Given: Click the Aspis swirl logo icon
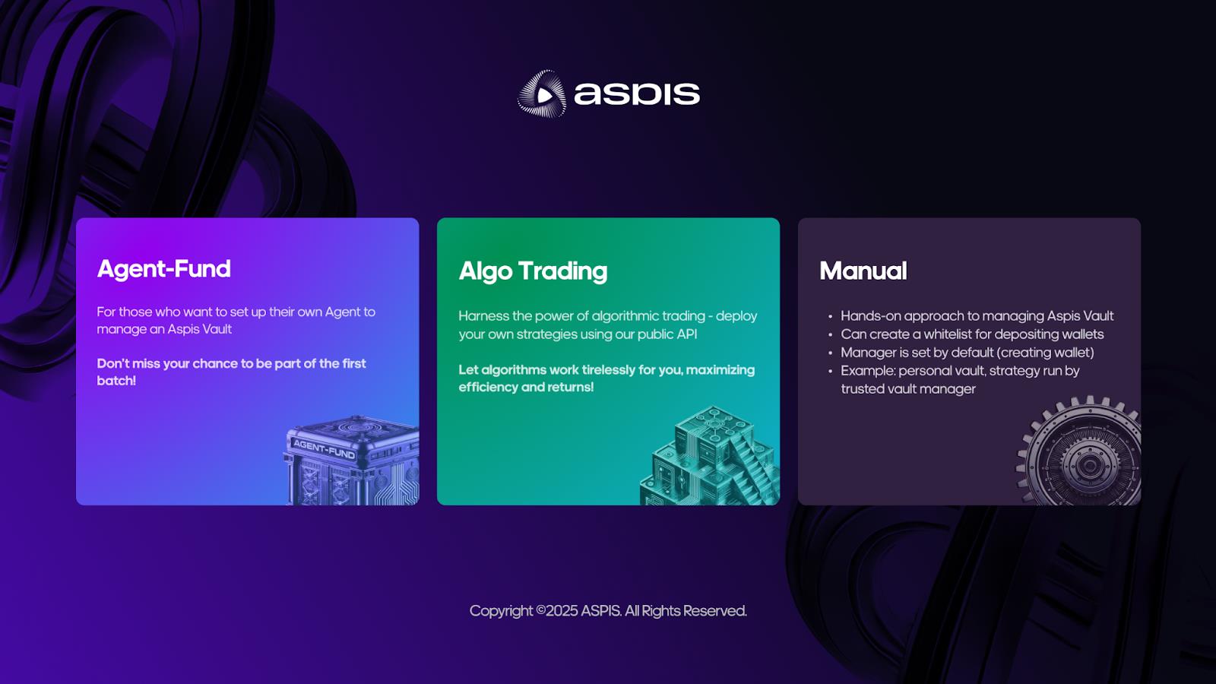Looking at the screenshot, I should point(542,94).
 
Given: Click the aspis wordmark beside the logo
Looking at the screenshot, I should point(636,94).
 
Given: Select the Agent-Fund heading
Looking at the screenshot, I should point(163,269).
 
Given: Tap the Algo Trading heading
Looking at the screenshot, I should point(533,271).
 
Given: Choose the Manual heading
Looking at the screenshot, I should point(863,271).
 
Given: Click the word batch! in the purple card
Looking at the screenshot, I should point(116,381).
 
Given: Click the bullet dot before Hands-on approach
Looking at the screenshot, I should point(830,317).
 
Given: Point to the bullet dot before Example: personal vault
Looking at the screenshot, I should point(830,372).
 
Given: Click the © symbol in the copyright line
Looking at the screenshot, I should point(540,611).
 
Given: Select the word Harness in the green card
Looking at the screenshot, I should point(483,316).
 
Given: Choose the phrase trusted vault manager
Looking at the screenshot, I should point(907,389).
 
